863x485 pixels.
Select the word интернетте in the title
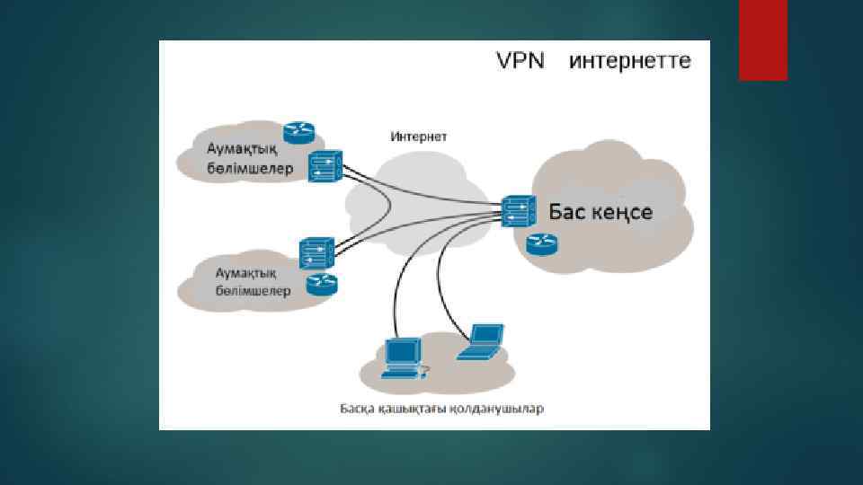(630, 61)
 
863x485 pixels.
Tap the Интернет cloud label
(418, 137)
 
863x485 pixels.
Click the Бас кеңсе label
(601, 213)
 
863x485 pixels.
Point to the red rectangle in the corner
(762, 40)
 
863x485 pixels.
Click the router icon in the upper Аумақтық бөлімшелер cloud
(298, 133)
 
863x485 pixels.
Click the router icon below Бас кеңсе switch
(541, 242)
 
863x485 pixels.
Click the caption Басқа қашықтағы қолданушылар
(441, 409)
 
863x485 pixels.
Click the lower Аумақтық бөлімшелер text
(245, 281)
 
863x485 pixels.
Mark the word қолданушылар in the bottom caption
(502, 409)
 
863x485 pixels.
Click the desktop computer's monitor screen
(402, 349)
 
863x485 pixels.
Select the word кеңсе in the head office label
(622, 214)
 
